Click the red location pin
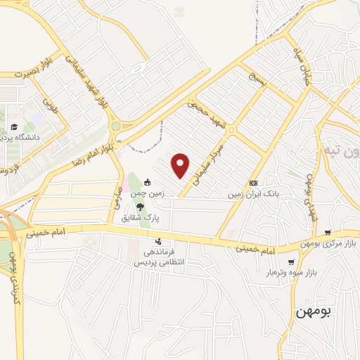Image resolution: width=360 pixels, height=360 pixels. point(181,165)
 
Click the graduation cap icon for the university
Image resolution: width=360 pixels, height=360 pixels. point(13,127)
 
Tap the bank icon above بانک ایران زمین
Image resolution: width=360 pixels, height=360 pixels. point(253,183)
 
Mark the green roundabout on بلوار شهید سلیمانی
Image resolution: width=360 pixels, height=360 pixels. point(115,127)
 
